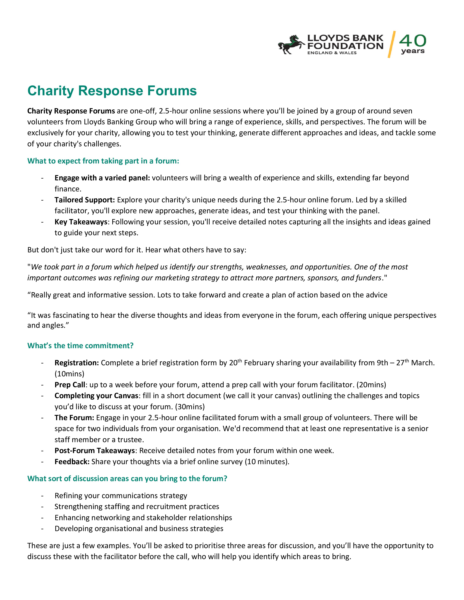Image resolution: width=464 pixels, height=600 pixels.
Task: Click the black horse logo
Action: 291,45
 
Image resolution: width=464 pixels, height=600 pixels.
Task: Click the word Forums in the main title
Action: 172,91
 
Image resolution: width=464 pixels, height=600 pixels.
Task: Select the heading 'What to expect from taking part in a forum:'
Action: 103,161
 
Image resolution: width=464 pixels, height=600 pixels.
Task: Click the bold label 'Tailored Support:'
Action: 85,200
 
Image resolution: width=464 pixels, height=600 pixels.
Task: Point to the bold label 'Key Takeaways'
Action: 81,222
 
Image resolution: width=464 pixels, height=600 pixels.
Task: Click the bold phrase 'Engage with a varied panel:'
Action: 102,178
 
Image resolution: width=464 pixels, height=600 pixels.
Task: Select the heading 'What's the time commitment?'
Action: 80,346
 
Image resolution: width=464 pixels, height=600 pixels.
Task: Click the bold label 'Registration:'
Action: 77,363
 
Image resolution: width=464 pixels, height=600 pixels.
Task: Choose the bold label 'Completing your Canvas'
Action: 96,396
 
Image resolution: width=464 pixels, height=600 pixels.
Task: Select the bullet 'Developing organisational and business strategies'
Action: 139,529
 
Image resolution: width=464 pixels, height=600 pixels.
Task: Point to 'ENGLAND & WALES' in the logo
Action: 332,53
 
